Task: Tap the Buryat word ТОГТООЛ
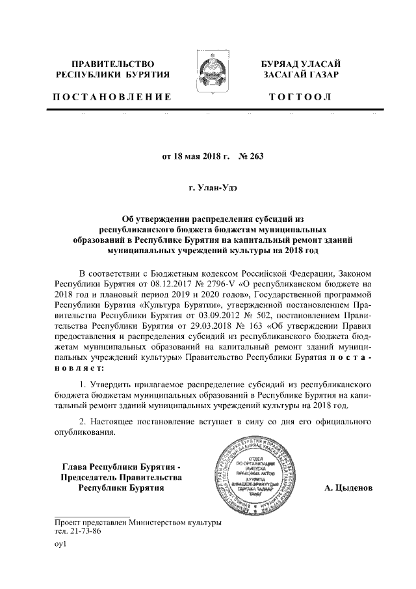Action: (x=302, y=97)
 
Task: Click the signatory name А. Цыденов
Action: (x=348, y=488)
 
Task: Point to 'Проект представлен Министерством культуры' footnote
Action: (x=138, y=522)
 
